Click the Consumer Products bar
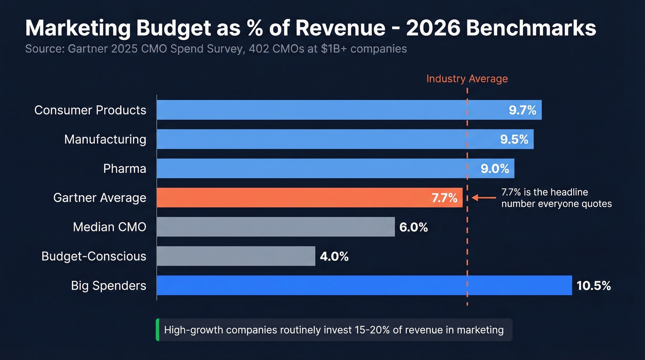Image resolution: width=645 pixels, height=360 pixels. click(x=322, y=110)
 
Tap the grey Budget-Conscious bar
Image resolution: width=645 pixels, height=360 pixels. click(x=235, y=256)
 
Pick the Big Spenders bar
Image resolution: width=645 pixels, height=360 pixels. click(x=364, y=285)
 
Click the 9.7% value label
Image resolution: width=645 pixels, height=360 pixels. click(x=522, y=110)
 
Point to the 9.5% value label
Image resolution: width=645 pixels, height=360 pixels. click(x=514, y=139)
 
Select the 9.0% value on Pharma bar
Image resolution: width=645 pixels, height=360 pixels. click(x=495, y=169)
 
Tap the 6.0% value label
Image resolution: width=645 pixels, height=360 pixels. click(x=414, y=227)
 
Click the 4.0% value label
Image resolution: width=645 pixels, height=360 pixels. click(x=334, y=256)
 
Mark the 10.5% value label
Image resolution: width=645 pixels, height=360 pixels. click(x=594, y=286)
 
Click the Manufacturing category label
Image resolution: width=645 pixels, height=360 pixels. click(x=105, y=139)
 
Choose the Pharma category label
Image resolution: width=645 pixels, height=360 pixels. click(x=124, y=169)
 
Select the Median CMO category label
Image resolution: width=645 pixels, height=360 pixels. click(x=109, y=227)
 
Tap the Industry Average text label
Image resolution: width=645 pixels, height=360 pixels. click(x=467, y=79)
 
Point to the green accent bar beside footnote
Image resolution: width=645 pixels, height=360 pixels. click(x=157, y=330)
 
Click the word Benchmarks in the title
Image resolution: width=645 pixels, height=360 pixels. click(x=531, y=29)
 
